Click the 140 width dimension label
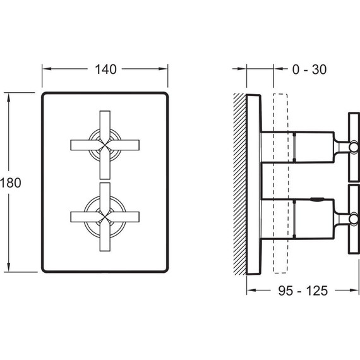pyautogui.click(x=105, y=69)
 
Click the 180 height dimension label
pyautogui.click(x=11, y=183)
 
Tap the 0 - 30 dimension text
pyautogui.click(x=309, y=69)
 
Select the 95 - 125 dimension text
pyautogui.click(x=303, y=291)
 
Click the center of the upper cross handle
pyautogui.click(x=105, y=145)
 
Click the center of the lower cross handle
pyautogui.click(x=105, y=217)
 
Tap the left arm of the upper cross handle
pyautogui.click(x=85, y=145)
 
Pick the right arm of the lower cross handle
pyautogui.click(x=124, y=217)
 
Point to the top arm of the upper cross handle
pyautogui.click(x=105, y=126)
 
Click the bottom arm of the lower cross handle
pyautogui.click(x=105, y=236)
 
